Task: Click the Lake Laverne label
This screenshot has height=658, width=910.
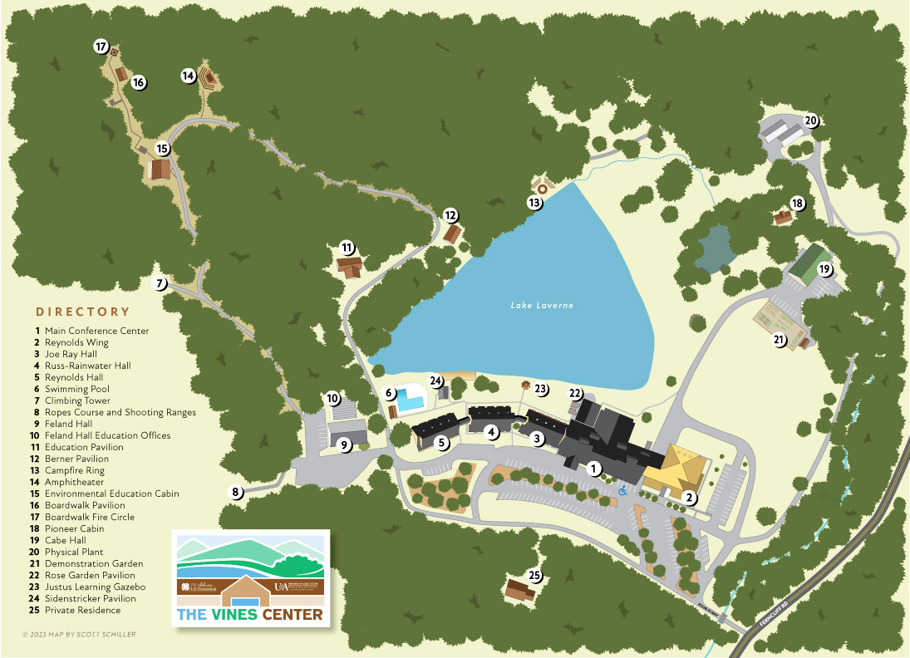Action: (x=542, y=306)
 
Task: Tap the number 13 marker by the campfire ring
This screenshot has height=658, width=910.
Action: (x=535, y=202)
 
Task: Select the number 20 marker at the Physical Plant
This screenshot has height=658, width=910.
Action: (x=811, y=120)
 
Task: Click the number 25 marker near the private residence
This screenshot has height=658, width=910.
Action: (x=535, y=576)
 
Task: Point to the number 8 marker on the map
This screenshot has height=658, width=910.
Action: (x=237, y=492)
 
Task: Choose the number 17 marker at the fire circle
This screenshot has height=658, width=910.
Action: (x=101, y=47)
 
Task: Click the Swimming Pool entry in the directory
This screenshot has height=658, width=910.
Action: (x=76, y=389)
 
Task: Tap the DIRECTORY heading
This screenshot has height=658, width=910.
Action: (x=83, y=312)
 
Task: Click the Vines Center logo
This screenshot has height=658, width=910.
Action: (x=251, y=578)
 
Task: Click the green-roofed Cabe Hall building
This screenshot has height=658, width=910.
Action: (x=807, y=261)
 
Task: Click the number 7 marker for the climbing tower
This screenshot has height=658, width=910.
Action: (x=161, y=284)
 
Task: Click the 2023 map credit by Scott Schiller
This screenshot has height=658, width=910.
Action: (x=79, y=635)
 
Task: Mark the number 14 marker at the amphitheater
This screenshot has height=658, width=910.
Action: (x=189, y=76)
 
